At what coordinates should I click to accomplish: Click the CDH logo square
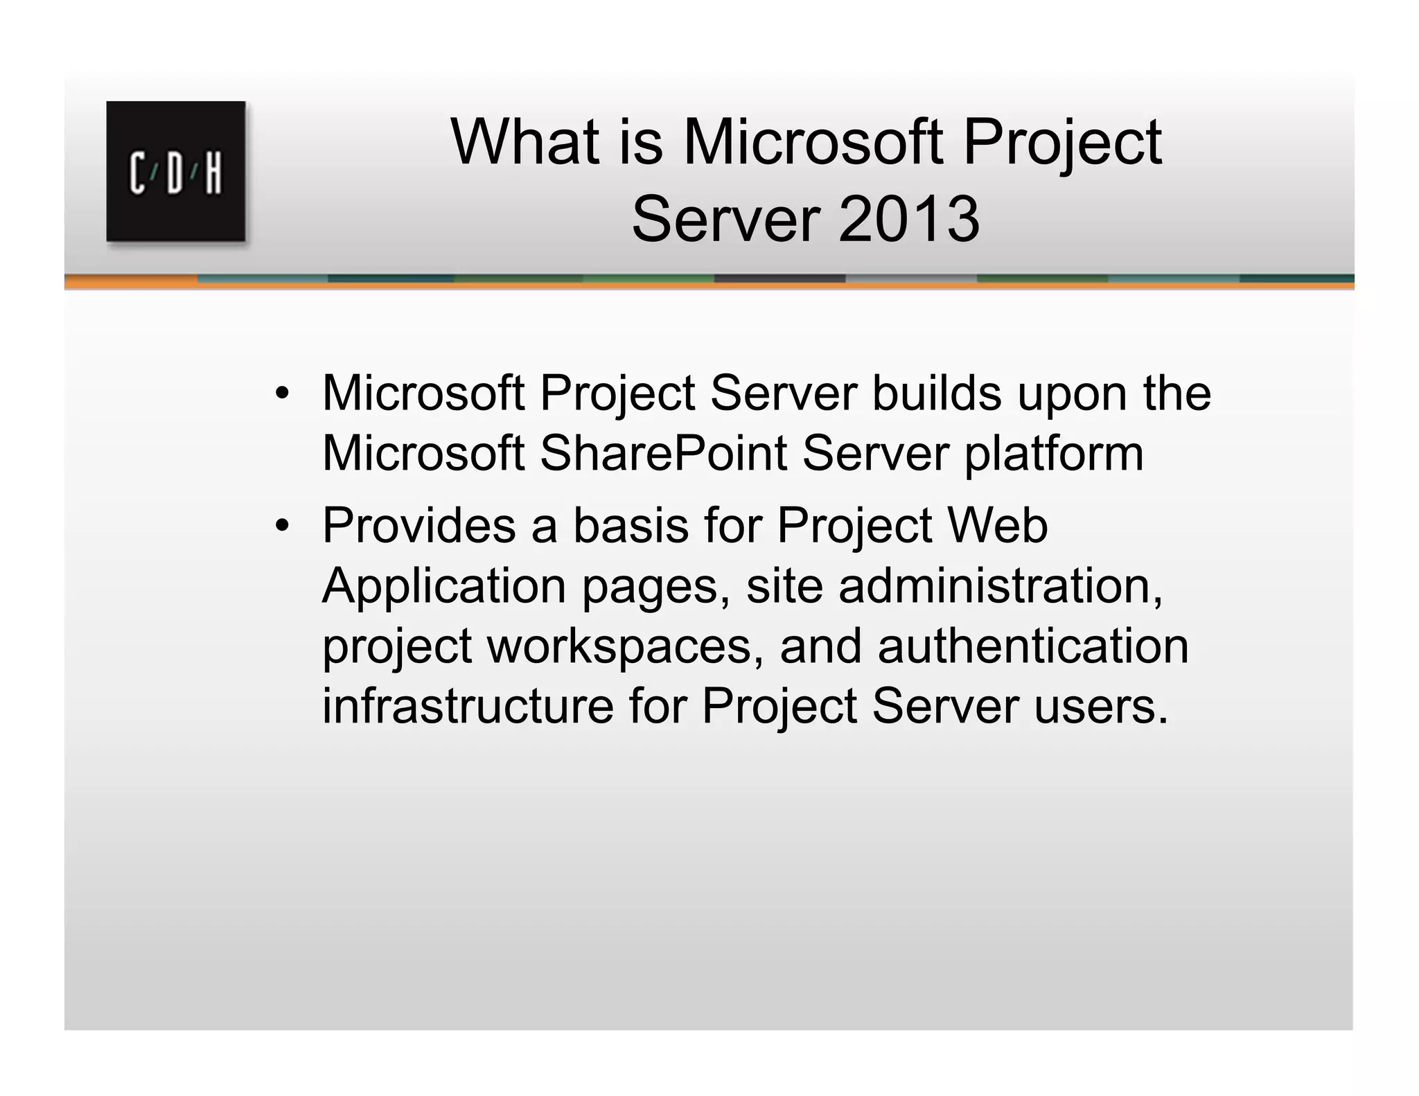pos(176,171)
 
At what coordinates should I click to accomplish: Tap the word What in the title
pos(524,143)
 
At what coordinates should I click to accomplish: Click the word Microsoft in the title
pos(813,143)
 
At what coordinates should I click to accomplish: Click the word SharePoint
pos(663,454)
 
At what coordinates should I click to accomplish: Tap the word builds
pos(936,394)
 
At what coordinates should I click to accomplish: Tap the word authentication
pos(1032,646)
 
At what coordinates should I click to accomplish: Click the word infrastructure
pos(468,707)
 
